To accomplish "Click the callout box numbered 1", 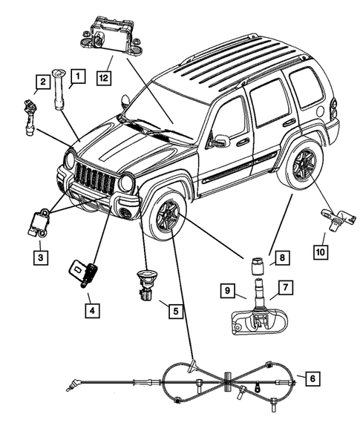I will pos(78,74).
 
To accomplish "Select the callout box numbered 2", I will pos(44,82).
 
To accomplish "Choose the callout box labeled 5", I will pos(174,312).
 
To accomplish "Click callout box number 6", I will pos(312,379).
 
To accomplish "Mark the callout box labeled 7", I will pos(285,286).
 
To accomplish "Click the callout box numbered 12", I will pos(102,74).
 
